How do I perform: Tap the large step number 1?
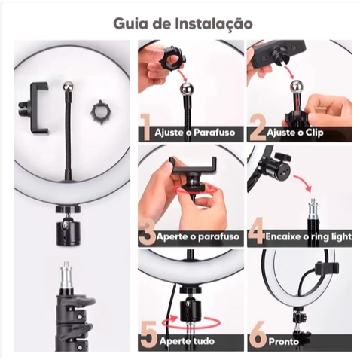coord(145,127)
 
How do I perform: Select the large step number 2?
coord(258,128)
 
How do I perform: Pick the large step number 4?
coord(257,231)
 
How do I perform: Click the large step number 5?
coord(150,335)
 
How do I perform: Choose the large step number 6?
coord(258,336)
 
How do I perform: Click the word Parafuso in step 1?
coord(215,133)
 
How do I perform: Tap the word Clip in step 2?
coord(314,133)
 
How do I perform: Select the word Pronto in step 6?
coord(284,341)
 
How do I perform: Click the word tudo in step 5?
coord(204,341)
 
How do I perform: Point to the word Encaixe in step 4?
coord(282,236)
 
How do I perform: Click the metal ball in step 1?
coord(188,89)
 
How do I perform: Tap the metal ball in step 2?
coord(297,87)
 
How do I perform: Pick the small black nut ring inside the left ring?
coord(100,113)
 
